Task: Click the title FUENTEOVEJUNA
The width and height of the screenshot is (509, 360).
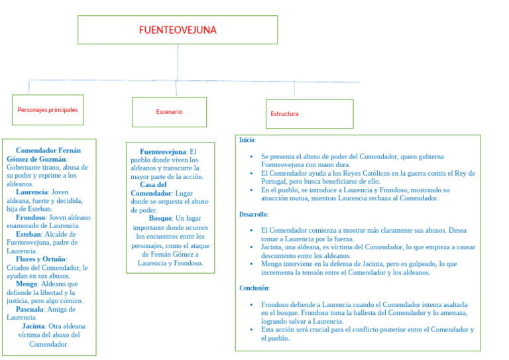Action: [x=177, y=30]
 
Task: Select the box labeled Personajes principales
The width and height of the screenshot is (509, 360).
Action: [x=47, y=109]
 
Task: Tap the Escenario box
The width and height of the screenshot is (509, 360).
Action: [x=169, y=112]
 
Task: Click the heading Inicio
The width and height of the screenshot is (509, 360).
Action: [x=247, y=140]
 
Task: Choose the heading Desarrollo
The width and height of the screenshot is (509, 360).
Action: [x=254, y=214]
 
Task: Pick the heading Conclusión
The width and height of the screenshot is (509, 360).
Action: [x=254, y=288]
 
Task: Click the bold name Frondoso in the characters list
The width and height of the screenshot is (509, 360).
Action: [x=30, y=217]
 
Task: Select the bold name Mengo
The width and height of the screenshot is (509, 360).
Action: [x=27, y=284]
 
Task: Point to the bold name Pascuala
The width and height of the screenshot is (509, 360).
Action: [x=31, y=309]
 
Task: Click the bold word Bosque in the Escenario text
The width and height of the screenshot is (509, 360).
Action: [x=160, y=218]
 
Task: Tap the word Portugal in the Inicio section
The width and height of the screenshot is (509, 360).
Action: [x=275, y=182]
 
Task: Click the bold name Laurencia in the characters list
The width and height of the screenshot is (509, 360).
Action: [x=32, y=192]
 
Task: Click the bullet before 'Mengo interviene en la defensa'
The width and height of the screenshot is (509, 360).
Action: [x=251, y=264]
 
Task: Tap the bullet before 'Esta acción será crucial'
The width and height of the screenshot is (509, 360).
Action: [x=251, y=330]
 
